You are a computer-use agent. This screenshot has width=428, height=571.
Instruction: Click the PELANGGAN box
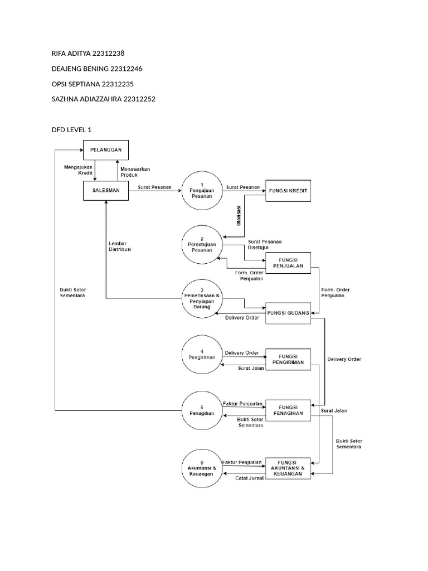106,149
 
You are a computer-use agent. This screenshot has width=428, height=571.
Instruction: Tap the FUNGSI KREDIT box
287,190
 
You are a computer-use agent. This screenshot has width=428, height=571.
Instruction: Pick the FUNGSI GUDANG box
287,312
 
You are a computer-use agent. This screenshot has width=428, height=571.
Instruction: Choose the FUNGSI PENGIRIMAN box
287,358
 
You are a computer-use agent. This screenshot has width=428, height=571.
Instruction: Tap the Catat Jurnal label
249,478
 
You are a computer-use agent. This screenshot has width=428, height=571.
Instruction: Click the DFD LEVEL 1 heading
71,129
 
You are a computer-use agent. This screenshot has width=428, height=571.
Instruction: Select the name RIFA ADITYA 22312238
88,54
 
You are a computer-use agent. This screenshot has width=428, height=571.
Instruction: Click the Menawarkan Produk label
134,171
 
